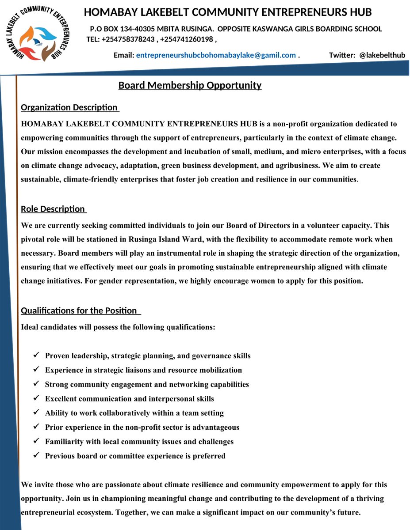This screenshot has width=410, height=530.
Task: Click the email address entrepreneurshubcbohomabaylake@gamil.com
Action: tap(216, 55)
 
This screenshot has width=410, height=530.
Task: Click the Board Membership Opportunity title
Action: tap(190, 85)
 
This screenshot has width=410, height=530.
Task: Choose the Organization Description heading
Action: tap(69, 107)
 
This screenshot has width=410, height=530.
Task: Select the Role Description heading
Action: tap(53, 209)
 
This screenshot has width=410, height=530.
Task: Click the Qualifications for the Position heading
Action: tap(79, 310)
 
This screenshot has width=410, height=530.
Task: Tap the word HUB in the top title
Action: tap(360, 12)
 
